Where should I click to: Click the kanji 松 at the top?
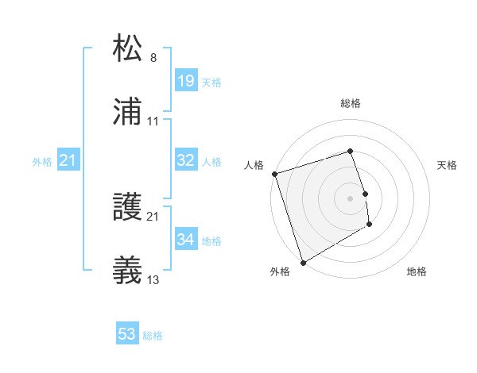pos(128,48)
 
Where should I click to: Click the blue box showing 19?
pos(186,81)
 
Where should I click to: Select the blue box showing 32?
pos(186,160)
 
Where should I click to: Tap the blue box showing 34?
pos(186,240)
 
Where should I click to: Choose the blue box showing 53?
pos(127,334)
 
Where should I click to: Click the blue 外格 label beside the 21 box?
pos(42,162)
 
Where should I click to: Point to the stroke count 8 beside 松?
pos(153,57)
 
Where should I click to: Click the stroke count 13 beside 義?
pos(153,280)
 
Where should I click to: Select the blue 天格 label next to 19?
pos(211,83)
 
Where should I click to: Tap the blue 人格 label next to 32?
pos(211,162)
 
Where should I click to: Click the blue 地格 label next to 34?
pos(211,241)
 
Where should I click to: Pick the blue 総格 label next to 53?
pos(153,336)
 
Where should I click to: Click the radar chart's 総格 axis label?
pos(351,103)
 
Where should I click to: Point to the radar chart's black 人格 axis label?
pos(254,165)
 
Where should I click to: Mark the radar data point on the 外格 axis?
pos(302,262)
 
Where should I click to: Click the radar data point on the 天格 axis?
pos(365,193)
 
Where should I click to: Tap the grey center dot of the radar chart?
pos(351,198)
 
